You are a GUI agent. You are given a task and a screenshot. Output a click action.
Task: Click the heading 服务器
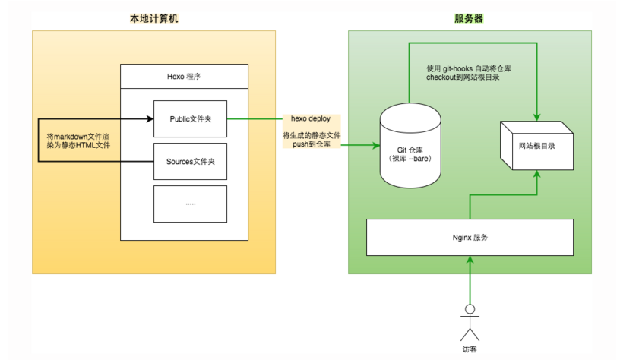coord(469,18)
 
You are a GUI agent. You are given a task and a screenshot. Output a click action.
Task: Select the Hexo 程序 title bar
coord(184,77)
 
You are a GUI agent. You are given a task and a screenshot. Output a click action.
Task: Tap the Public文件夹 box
coord(190,119)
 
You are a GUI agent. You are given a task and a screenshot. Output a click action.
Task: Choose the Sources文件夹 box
coord(190,161)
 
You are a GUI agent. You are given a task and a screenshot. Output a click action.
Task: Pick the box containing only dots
coord(190,203)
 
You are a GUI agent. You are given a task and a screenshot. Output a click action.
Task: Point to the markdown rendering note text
coord(78,140)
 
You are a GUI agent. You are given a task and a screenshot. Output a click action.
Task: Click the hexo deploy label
coord(311,119)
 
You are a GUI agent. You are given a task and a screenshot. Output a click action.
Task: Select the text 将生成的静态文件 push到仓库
coord(312,139)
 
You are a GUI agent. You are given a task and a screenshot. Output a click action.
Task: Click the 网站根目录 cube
coord(535,144)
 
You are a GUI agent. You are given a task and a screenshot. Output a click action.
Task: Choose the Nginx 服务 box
coord(470,237)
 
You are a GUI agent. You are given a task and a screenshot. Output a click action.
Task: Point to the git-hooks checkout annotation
coord(470,73)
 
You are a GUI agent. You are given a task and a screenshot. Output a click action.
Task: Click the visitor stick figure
coord(470,322)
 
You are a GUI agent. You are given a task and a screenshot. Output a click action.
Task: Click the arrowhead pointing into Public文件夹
coord(149,119)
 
